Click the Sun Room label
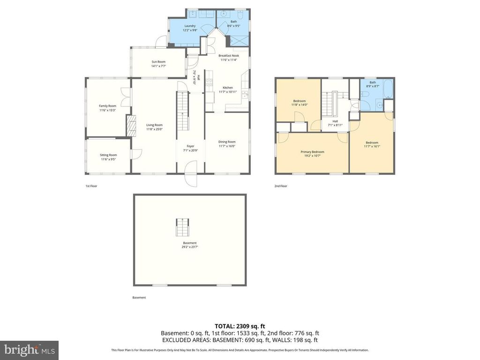(x=158, y=62)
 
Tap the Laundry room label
(x=190, y=26)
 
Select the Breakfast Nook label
(x=228, y=55)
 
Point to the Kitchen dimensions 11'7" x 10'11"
(x=227, y=92)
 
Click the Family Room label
(x=107, y=106)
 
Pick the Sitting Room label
(x=108, y=155)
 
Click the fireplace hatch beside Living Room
(x=130, y=126)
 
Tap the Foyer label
(x=190, y=146)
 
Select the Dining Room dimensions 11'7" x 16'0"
(x=227, y=146)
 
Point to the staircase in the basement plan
(x=181, y=227)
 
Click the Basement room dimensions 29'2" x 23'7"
(x=190, y=247)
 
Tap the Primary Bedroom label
(x=312, y=152)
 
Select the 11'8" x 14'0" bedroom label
(x=300, y=105)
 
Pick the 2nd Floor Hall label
(x=335, y=121)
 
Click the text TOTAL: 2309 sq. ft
(x=240, y=326)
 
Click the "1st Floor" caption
(x=91, y=186)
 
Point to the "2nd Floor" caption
(x=281, y=186)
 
